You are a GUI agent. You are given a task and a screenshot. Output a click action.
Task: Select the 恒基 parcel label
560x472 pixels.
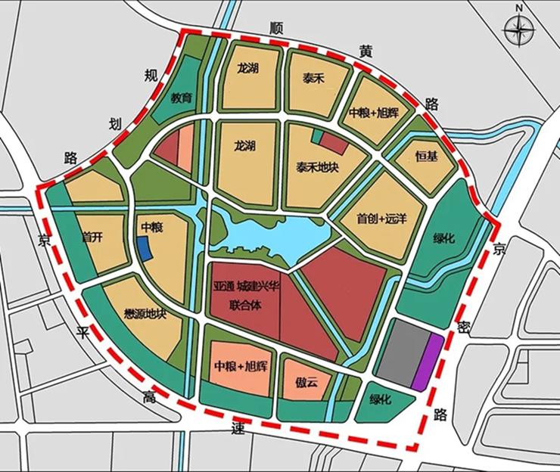[x=427, y=157]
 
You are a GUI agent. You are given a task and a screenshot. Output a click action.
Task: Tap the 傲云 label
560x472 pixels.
[x=307, y=383]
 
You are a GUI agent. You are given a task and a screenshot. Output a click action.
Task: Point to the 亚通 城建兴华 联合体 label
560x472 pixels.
[x=247, y=296]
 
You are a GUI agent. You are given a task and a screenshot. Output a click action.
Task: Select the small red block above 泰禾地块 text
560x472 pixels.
[x=331, y=139]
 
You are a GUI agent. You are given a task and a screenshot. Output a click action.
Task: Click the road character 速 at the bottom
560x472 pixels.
[x=238, y=428]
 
